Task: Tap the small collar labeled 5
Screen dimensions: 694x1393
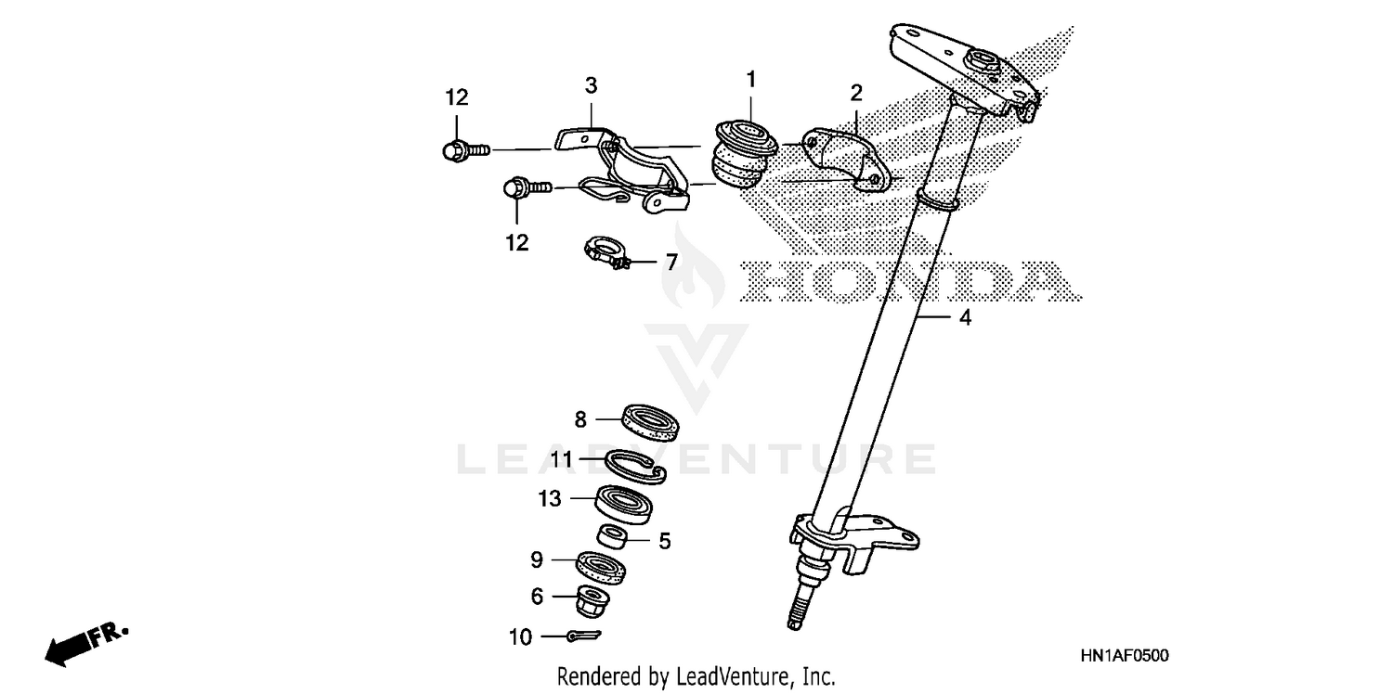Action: [x=613, y=535]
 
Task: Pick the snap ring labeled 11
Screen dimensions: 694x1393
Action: [x=635, y=465]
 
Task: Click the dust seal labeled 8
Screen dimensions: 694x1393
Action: [x=652, y=421]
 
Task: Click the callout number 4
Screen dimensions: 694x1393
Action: [x=965, y=318]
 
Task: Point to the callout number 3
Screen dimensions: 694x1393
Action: [x=591, y=86]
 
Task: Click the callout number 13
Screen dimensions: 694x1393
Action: [x=549, y=499]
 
